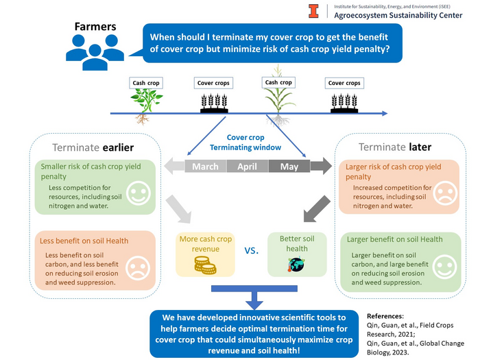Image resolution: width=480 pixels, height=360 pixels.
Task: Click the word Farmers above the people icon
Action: (x=95, y=28)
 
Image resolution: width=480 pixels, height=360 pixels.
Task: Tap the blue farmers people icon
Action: (x=95, y=50)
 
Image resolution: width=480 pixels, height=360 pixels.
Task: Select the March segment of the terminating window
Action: (x=205, y=166)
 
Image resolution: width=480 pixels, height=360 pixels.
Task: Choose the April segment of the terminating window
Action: (x=246, y=166)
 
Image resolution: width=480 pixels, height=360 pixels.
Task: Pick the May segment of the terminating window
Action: (x=289, y=166)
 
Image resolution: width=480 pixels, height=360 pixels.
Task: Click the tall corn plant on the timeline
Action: (x=278, y=99)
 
